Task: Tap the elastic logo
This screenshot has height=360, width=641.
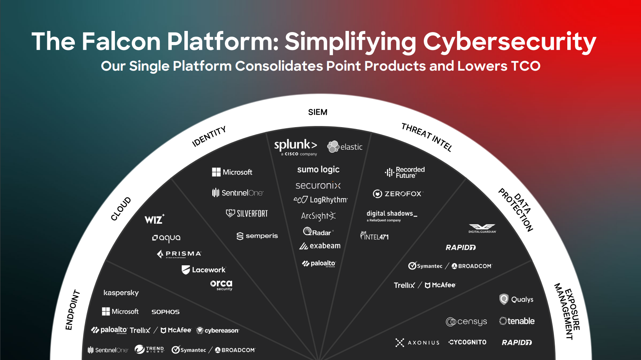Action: pyautogui.click(x=345, y=147)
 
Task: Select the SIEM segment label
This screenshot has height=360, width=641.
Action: pyautogui.click(x=318, y=112)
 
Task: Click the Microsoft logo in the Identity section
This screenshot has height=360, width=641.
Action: pyautogui.click(x=232, y=172)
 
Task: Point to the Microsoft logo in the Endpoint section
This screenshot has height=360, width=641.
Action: pyautogui.click(x=120, y=312)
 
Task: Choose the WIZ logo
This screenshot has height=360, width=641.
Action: pyautogui.click(x=154, y=219)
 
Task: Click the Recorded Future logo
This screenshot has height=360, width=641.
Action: pyautogui.click(x=405, y=173)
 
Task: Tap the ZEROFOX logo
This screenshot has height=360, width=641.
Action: pyautogui.click(x=398, y=194)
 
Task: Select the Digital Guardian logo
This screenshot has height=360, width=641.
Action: pyautogui.click(x=482, y=228)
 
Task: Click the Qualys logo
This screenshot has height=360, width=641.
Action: pyautogui.click(x=516, y=299)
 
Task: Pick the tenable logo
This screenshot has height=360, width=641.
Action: pyautogui.click(x=517, y=321)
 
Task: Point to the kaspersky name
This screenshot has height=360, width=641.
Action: pyautogui.click(x=121, y=293)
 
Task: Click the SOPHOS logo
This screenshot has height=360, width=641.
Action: pyautogui.click(x=165, y=312)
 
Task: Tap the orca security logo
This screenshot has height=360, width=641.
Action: pyautogui.click(x=221, y=285)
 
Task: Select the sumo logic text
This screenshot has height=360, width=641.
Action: pyautogui.click(x=318, y=170)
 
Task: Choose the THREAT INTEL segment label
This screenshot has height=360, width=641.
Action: pyautogui.click(x=427, y=137)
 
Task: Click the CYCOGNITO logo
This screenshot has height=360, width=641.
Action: pyautogui.click(x=467, y=342)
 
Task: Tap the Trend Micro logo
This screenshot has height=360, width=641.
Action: pyautogui.click(x=149, y=349)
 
